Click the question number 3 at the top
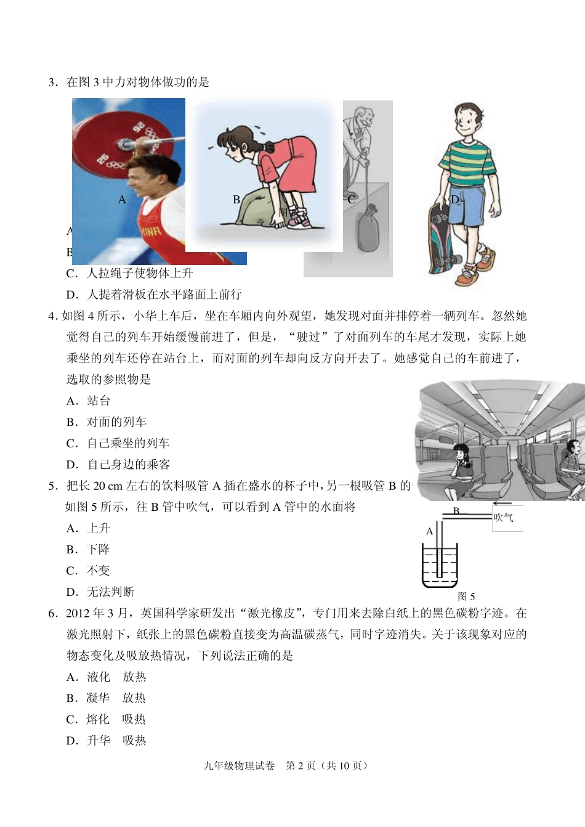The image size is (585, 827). coord(52,82)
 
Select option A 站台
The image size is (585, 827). coord(89,401)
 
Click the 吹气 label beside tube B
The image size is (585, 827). coord(503,518)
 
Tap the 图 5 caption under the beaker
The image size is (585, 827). coord(466,597)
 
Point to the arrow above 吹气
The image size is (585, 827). coord(502,504)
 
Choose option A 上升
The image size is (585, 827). coord(89,528)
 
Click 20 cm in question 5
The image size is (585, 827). coord(107,486)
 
